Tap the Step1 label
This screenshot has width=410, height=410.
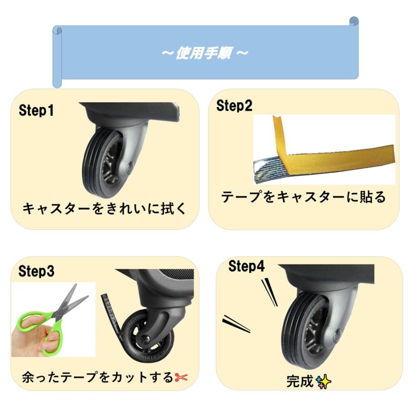36,111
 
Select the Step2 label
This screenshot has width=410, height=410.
234,106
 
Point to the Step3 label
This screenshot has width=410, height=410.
36,272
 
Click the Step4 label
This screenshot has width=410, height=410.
246,266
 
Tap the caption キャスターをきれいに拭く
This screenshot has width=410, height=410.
104,209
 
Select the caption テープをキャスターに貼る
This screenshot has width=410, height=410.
303,197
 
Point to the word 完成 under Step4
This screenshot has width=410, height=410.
301,381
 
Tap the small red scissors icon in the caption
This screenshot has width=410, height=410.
181,378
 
